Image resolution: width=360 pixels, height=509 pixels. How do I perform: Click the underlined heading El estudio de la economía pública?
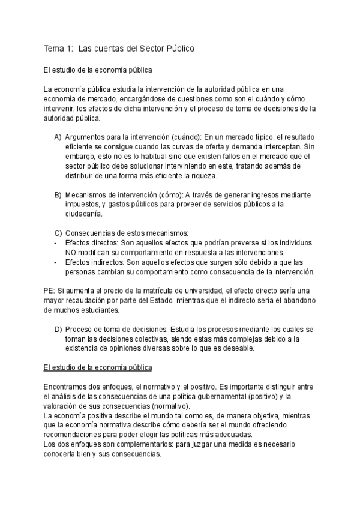(98, 366)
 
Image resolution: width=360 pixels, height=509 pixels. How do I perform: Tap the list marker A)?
(58, 137)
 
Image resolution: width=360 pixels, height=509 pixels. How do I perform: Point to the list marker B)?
(58, 195)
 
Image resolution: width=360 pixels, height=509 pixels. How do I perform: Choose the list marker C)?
(58, 233)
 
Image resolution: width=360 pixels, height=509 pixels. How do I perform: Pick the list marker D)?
(58, 330)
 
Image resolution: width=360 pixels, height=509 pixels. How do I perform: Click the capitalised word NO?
(71, 253)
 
